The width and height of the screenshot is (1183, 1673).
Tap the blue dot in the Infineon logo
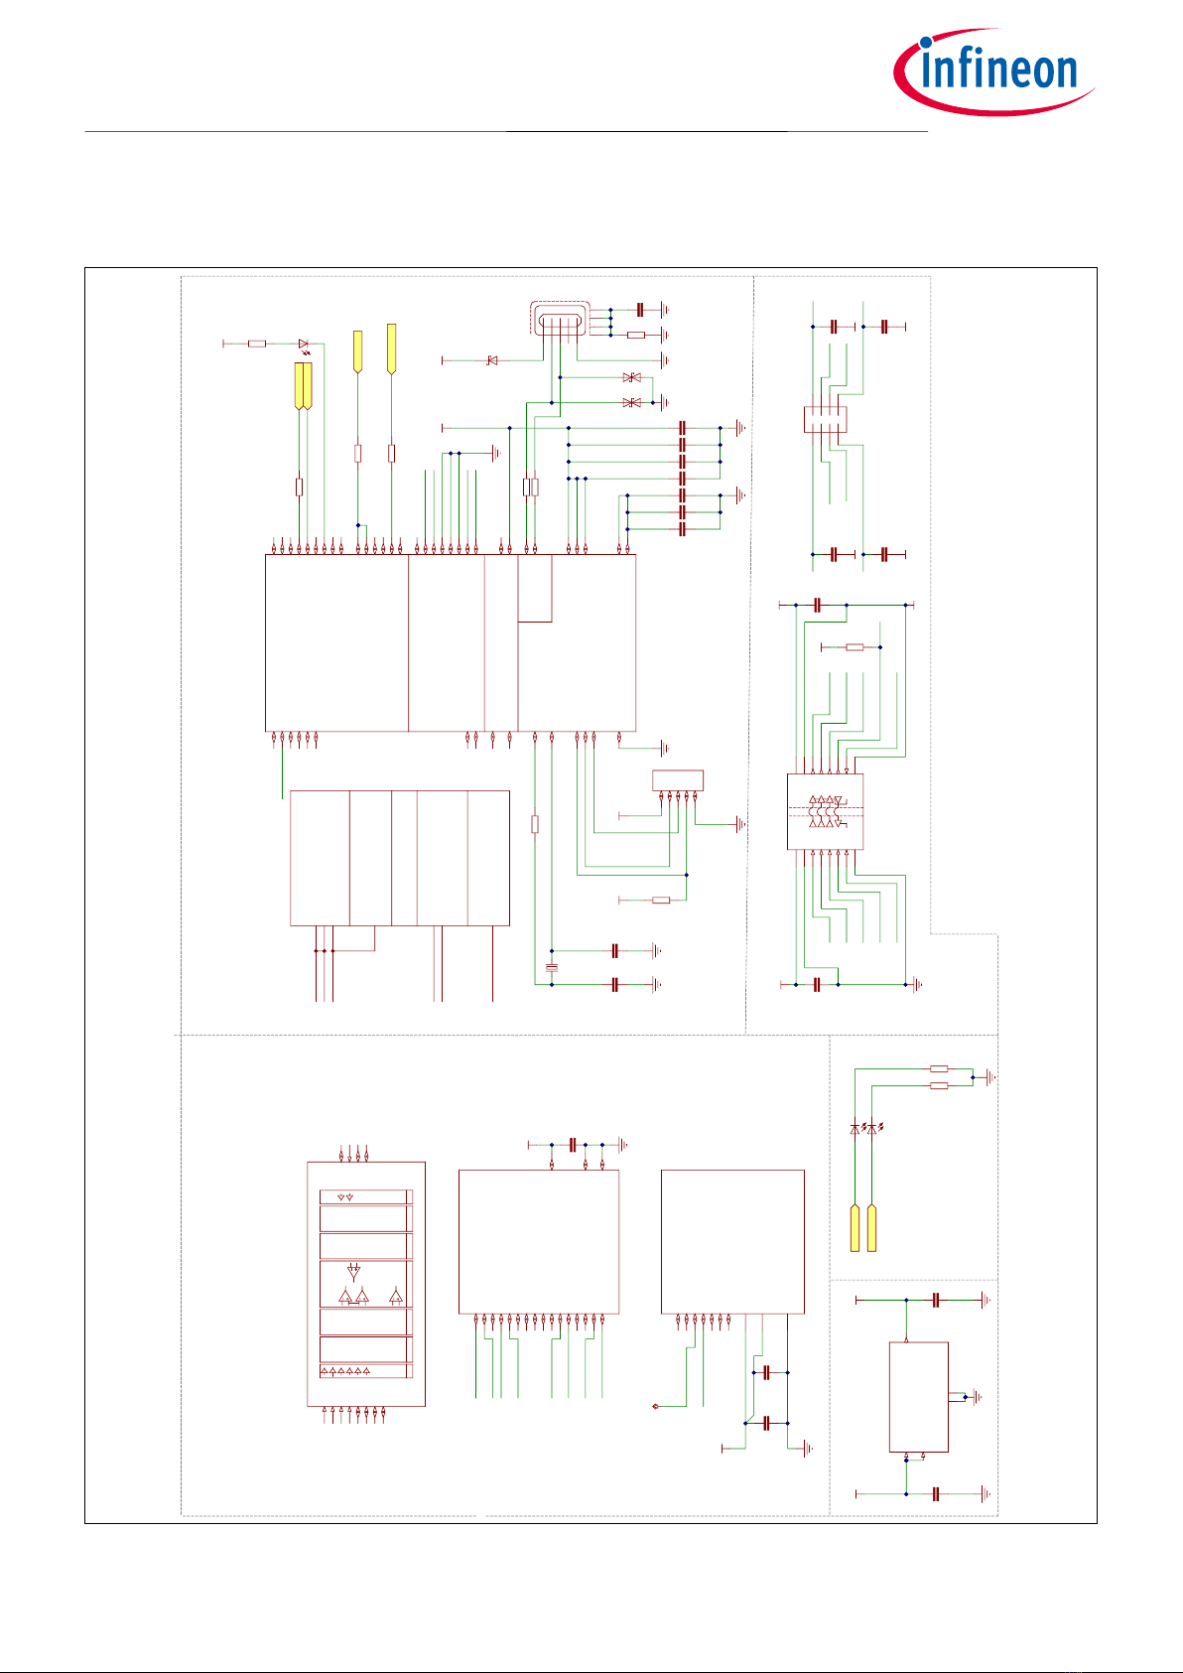coord(925,43)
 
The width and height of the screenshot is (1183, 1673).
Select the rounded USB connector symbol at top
coord(560,320)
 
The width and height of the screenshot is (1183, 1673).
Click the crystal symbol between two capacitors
coord(552,967)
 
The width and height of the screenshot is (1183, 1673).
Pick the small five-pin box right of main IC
coord(677,780)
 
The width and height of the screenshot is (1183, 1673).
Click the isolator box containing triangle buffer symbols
coord(825,811)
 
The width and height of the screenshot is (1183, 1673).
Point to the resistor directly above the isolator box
coord(854,647)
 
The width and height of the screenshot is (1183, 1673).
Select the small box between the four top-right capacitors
coord(825,419)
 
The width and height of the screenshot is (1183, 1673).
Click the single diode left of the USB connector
coord(491,360)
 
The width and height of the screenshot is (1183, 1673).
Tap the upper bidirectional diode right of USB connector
coord(631,378)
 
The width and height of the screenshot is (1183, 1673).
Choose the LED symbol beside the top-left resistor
coord(303,345)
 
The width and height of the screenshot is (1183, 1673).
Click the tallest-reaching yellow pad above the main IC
coord(391,349)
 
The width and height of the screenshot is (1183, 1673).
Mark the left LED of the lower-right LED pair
coord(855,1129)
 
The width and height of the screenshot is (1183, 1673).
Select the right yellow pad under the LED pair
coord(872,1228)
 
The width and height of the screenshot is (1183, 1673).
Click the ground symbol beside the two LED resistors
coord(989,1077)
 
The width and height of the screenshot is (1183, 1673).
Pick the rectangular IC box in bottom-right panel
coord(918,1397)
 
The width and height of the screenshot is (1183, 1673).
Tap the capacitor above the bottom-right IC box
coord(936,1300)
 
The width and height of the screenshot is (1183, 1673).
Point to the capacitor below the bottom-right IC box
coord(936,1494)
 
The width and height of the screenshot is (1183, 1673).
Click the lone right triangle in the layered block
coord(396,1297)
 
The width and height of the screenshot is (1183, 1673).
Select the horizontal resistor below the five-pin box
coord(661,901)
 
